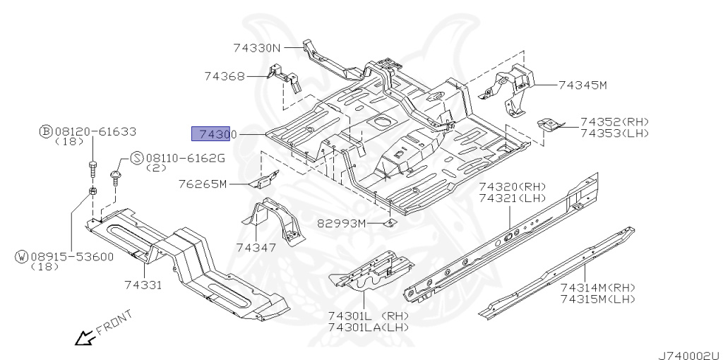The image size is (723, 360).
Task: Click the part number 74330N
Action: [x=257, y=48]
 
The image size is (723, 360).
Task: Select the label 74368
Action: [x=225, y=76]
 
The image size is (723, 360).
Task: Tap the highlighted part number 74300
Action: [x=213, y=133]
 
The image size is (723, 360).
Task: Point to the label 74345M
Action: [x=582, y=85]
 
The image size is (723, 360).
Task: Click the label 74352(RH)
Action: [x=614, y=122]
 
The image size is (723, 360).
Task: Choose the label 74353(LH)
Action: [x=614, y=133]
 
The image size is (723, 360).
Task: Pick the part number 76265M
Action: [x=202, y=185]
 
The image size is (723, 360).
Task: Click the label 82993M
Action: [x=342, y=223]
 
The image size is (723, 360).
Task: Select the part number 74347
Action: [x=256, y=247]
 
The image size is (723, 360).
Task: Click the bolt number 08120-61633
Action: [x=95, y=131]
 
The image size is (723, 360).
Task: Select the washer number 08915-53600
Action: [x=71, y=256]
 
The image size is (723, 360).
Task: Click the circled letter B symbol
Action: [x=45, y=131]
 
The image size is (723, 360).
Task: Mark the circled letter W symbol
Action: [x=21, y=256]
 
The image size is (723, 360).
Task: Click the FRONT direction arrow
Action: [x=85, y=339]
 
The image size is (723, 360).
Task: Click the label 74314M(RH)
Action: [x=598, y=288]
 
